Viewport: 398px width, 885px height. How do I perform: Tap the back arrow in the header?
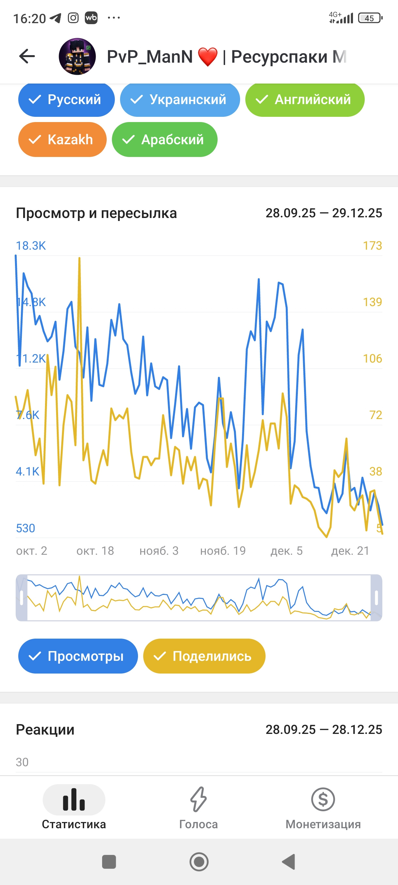27,56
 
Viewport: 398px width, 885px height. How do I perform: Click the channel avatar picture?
77,56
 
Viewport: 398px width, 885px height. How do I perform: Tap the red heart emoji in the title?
208,57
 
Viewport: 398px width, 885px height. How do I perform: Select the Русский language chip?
66,100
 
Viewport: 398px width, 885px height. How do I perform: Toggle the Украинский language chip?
180,100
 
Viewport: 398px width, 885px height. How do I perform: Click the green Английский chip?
305,100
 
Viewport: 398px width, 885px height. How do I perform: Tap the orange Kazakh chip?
62,139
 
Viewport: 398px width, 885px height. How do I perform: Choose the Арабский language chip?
164,139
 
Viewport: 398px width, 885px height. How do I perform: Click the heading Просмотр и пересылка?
96,213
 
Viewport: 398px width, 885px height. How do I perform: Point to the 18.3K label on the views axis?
31,246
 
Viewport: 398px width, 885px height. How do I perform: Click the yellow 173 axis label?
372,246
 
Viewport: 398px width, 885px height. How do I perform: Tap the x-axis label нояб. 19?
223,551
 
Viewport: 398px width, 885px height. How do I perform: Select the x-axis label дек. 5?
286,551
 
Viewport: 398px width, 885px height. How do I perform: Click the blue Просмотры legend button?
78,656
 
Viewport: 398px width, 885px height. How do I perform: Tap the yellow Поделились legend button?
204,656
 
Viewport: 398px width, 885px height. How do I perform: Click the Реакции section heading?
45,729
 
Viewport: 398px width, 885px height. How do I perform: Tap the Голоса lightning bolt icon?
198,799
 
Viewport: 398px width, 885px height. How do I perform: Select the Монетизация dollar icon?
323,799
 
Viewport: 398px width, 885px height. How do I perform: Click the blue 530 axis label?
25,528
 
